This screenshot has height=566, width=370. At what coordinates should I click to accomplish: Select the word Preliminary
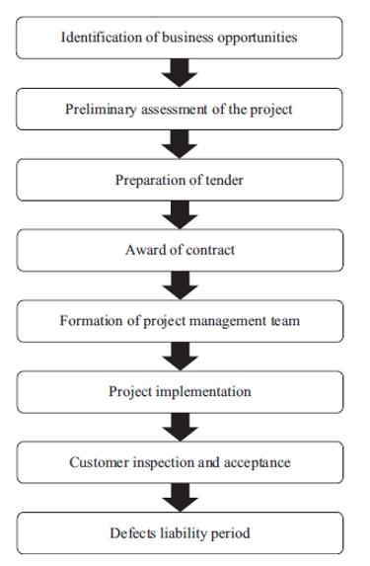(x=101, y=110)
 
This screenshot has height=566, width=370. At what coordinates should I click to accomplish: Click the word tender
(x=225, y=180)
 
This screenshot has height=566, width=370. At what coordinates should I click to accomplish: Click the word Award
(x=140, y=250)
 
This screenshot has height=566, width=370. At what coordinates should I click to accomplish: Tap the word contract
(x=210, y=250)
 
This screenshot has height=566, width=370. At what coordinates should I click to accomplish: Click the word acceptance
(x=258, y=463)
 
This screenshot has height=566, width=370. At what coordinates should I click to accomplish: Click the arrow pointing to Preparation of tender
(x=180, y=144)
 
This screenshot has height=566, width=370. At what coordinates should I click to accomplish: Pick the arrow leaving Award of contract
(x=180, y=285)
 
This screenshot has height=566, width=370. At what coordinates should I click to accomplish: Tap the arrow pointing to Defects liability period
(x=180, y=498)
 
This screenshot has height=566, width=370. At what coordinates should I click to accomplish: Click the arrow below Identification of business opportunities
(x=180, y=73)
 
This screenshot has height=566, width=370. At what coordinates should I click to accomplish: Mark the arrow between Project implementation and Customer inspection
(x=180, y=427)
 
